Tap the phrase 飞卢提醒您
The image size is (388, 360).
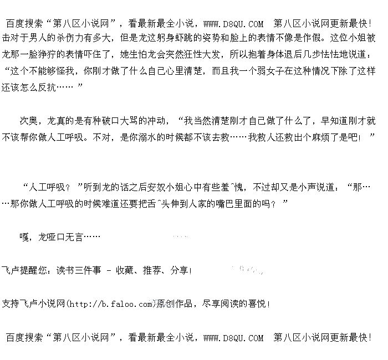[25, 271]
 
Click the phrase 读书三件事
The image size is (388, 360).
[78, 271]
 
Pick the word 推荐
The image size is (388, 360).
[151, 271]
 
